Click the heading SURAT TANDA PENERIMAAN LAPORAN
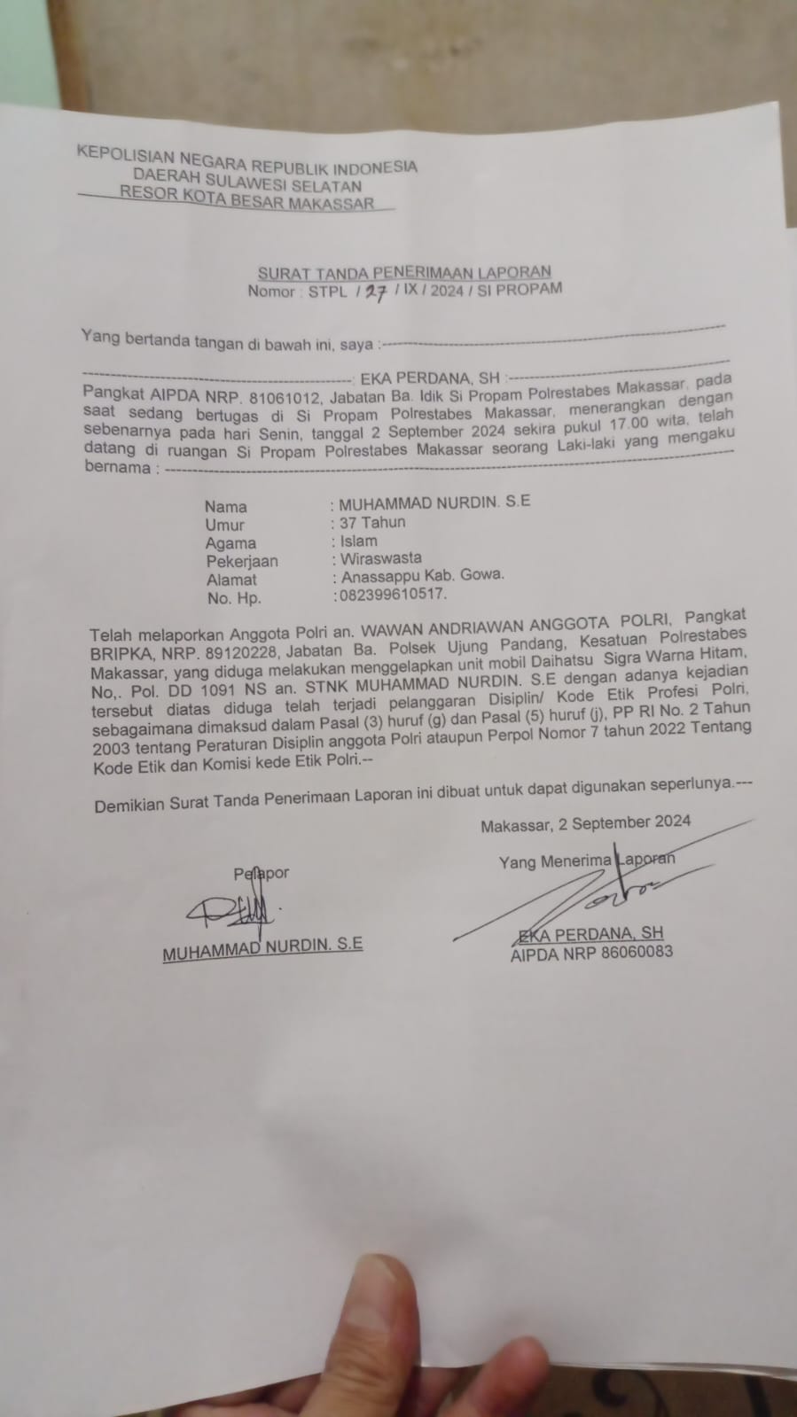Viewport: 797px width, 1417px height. click(404, 272)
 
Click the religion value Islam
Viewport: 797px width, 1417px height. click(358, 541)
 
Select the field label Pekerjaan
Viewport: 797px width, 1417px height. click(242, 561)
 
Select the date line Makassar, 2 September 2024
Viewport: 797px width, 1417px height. click(585, 822)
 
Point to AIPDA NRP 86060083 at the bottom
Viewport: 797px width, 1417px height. click(590, 953)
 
